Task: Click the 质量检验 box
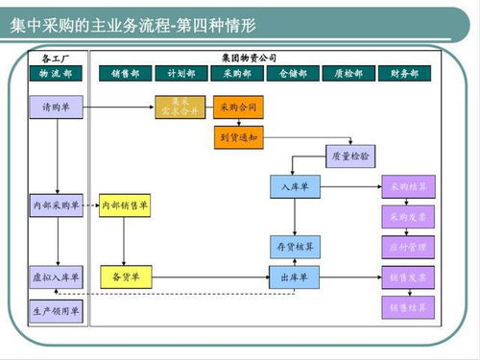pos(350,154)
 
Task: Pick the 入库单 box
pos(294,185)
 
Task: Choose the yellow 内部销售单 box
pos(125,204)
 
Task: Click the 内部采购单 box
pos(56,204)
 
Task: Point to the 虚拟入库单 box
pos(56,277)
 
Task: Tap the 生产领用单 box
pos(56,310)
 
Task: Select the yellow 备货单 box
pos(125,277)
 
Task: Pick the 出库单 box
pos(294,277)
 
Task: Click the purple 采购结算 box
pos(408,185)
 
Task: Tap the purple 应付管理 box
pos(408,247)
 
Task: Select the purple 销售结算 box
pos(408,307)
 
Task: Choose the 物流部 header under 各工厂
pos(56,73)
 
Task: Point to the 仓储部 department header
pos(293,73)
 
